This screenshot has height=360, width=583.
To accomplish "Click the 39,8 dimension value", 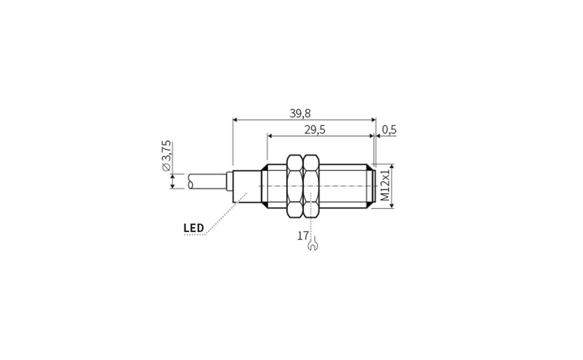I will pos(300,113).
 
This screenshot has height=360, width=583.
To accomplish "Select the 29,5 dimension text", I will pos(314,130).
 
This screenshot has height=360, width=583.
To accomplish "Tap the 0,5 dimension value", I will pos(389,130).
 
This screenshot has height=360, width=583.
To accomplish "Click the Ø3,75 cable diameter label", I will pos(166,155).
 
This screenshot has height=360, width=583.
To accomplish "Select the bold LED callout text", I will pos(193,228).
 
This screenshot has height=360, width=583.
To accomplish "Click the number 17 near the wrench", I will pos(303,236).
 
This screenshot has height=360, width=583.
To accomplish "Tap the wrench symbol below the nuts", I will pos(312,245).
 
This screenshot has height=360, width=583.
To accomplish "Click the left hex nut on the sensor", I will pos(294,186).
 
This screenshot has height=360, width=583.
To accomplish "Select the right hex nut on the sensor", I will pos(310,186).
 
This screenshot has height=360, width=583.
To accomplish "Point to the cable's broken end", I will pos(189,182).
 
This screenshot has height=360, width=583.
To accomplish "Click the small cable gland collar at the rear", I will pos(230,182).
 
